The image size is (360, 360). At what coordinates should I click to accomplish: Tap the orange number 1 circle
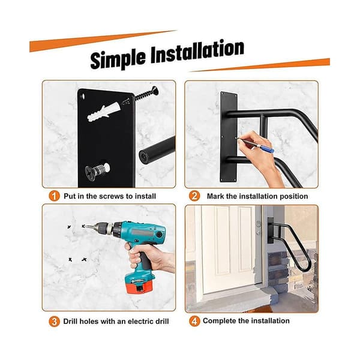pyautogui.click(x=54, y=196)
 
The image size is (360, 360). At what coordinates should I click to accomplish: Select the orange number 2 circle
pyautogui.click(x=194, y=196)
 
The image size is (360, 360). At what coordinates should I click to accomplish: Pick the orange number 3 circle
pyautogui.click(x=54, y=321)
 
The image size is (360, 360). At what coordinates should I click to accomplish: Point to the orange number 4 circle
pyautogui.click(x=194, y=321)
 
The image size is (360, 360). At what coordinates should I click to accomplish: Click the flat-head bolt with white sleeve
pyautogui.click(x=97, y=170)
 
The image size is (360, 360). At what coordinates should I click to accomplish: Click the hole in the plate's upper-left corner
pyautogui.click(x=83, y=96)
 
